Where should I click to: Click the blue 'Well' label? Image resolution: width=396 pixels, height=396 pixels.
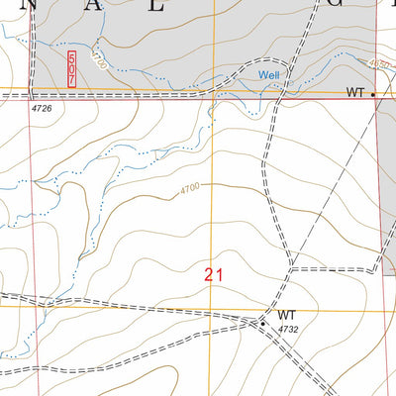pos(270,75)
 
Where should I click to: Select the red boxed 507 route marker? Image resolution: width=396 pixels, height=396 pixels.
pos(71,67)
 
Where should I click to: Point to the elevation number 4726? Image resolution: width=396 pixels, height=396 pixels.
pos(43,105)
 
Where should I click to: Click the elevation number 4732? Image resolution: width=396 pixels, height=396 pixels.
pos(288,329)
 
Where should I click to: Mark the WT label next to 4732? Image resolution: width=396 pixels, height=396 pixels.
pos(286,315)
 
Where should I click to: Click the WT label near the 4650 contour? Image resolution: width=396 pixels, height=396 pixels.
pos(355,92)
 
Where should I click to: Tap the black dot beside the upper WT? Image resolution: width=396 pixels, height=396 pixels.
pos(373,94)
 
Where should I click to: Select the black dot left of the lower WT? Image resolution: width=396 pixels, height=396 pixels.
pos(263,321)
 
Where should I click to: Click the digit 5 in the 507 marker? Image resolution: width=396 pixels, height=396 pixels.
pos(71,57)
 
